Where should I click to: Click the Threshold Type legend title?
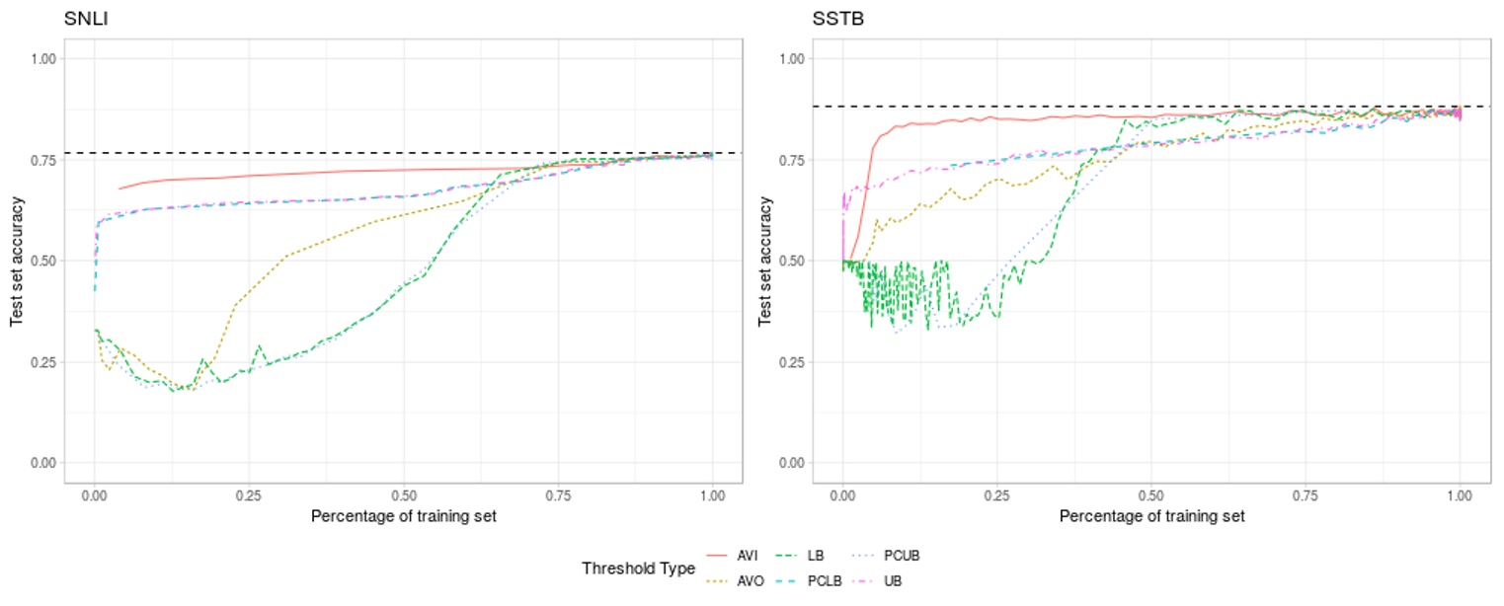click(638, 568)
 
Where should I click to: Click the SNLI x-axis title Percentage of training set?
click(403, 516)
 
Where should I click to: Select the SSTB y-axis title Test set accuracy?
click(765, 261)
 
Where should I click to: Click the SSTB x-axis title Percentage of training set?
click(1151, 516)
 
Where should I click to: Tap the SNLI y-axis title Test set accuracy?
click(17, 261)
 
